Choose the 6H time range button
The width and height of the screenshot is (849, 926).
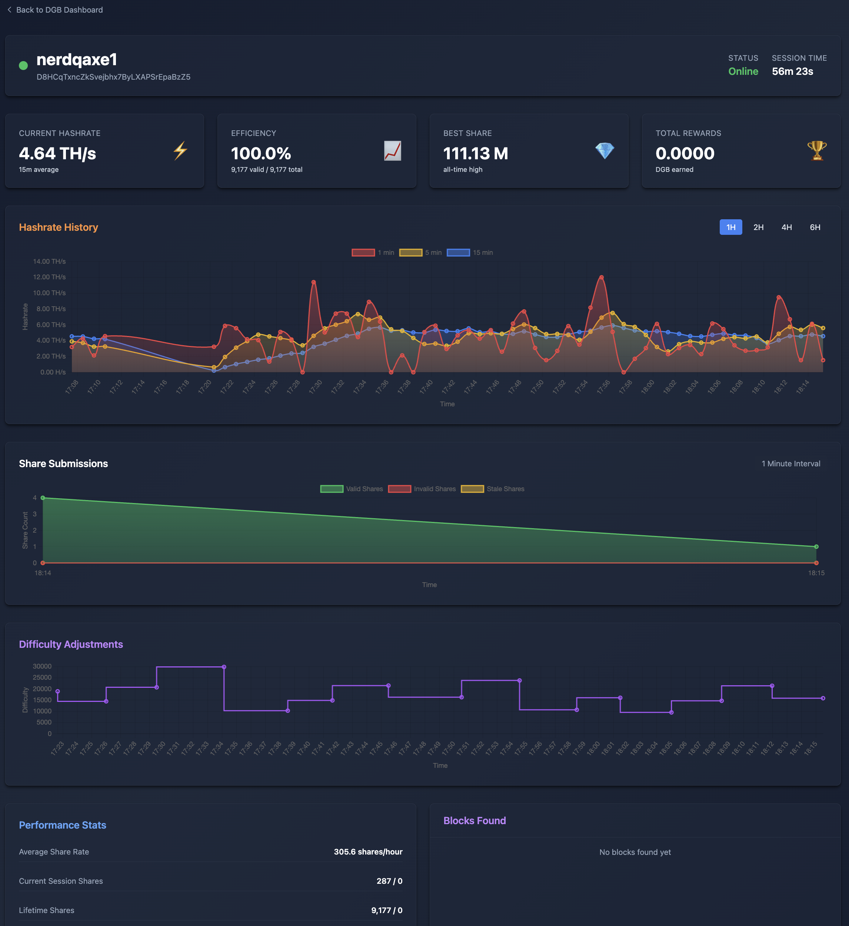(x=815, y=227)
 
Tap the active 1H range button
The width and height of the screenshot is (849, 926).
(x=730, y=227)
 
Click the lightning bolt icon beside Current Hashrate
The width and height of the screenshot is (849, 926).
(x=180, y=151)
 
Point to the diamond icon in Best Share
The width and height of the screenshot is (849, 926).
(x=605, y=151)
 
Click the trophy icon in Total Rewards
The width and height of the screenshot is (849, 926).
(x=816, y=151)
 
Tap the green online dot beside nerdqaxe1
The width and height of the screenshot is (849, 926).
(x=23, y=66)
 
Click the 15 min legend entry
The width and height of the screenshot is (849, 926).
(x=470, y=253)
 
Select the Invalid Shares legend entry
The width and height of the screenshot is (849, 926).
(x=422, y=489)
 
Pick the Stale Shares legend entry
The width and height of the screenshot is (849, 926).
(x=493, y=489)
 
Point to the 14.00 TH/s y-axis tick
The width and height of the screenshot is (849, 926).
(x=49, y=262)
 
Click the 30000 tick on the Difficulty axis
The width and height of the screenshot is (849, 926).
(x=42, y=666)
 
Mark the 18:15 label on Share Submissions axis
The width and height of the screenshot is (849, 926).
(x=816, y=573)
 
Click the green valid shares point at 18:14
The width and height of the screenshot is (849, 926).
(x=43, y=498)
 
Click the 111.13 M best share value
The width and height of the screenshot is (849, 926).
(x=476, y=153)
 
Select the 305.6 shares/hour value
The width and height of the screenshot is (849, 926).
(x=368, y=852)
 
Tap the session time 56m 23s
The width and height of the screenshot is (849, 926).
(x=792, y=71)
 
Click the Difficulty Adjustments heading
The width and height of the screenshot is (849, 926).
(x=71, y=644)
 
